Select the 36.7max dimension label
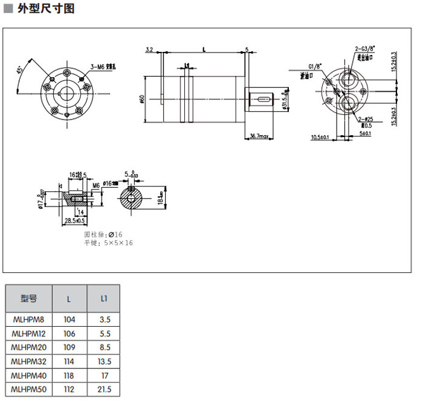coord(259,137)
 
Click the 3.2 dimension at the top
coord(150,49)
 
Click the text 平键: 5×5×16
coord(108,243)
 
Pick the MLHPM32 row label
coord(28,361)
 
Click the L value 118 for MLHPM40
coord(69,375)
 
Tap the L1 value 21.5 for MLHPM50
coord(103,389)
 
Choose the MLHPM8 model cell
coord(28,319)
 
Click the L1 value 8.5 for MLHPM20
coord(103,347)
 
